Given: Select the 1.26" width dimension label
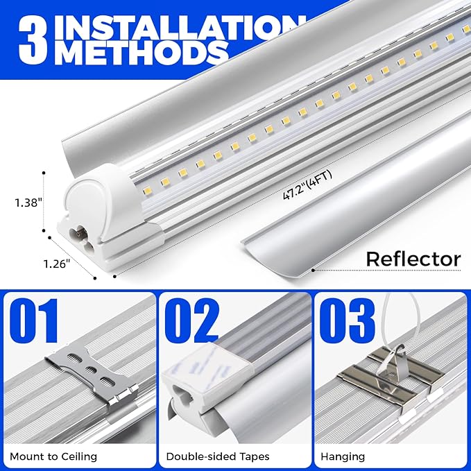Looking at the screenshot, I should point(56,264).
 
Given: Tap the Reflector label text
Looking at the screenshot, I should point(413,259).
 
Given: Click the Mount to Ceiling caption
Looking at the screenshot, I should point(54,456).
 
